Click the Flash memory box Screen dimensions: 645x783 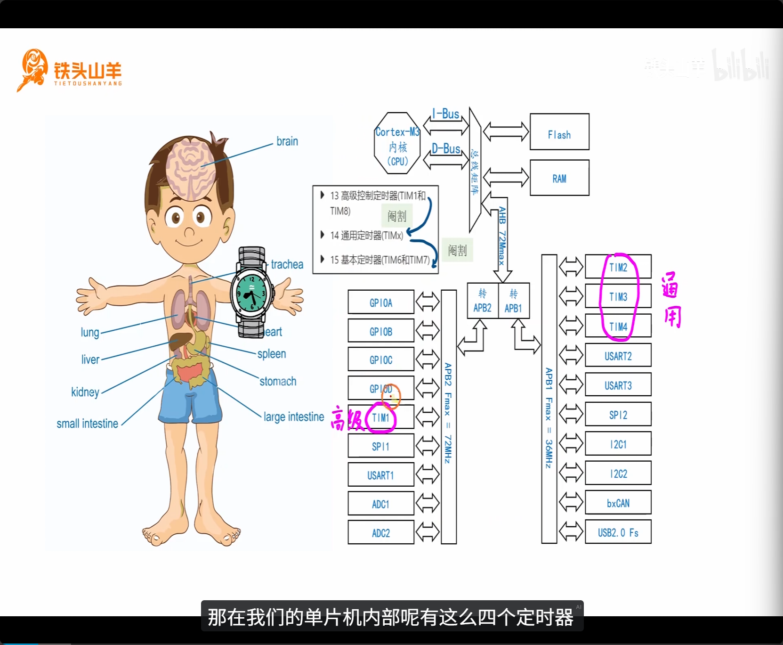coord(559,132)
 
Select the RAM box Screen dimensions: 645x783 coord(559,178)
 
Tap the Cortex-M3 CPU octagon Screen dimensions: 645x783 coord(397,143)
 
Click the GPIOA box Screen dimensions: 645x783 coord(381,302)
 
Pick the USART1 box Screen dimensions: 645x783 coord(381,474)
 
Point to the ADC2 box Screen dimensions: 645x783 coord(381,532)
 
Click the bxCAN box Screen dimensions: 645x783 coord(618,503)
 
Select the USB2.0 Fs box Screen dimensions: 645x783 coord(618,532)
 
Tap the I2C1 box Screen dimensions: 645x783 coord(618,444)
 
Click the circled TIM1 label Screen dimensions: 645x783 coord(381,417)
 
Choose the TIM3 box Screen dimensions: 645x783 coord(618,296)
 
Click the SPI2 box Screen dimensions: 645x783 coord(618,415)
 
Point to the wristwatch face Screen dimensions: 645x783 coord(251,292)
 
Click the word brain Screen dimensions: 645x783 coord(287,141)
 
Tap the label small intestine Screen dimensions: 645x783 coord(88,424)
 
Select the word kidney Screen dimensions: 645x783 coord(85,392)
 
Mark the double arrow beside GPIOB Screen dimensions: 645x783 coord(427,331)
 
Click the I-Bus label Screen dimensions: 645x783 coord(445,114)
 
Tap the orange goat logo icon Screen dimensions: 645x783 coord(33,69)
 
